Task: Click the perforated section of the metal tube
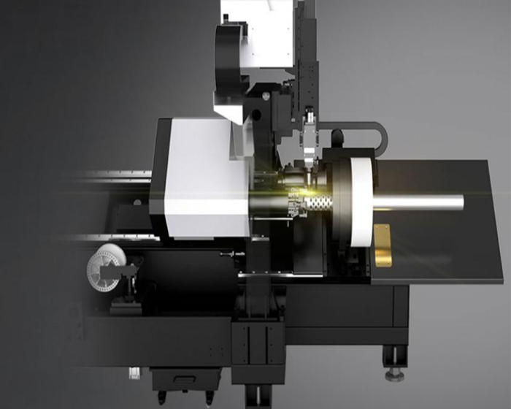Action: [296, 202]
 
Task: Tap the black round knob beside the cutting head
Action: [337, 137]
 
